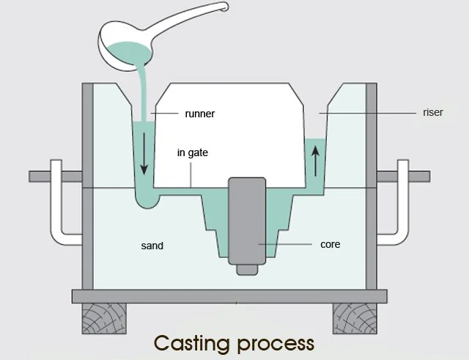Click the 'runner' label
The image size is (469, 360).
point(199,114)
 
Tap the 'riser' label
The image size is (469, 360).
point(433,113)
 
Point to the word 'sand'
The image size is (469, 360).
point(152,246)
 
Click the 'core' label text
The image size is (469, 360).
point(330,244)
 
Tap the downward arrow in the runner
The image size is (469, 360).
point(144,157)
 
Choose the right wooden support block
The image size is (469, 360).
point(356,317)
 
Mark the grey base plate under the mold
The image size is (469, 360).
point(229,296)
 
